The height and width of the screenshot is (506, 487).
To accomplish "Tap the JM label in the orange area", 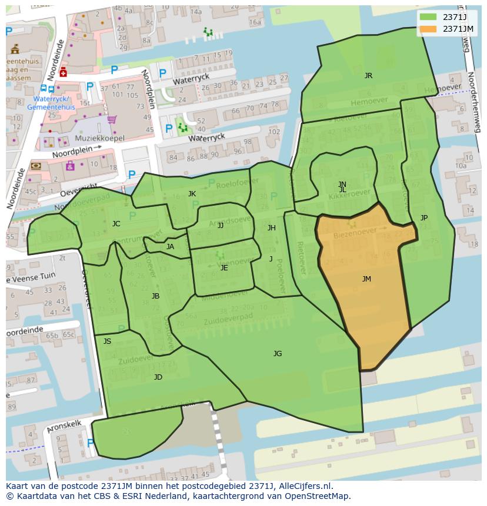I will pos(366,279).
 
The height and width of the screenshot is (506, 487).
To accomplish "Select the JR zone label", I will pos(368,76).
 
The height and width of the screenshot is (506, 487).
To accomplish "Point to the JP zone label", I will pos(424,218).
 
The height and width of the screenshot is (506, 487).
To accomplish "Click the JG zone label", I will pos(278,354).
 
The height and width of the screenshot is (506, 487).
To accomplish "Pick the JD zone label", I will pos(158,377).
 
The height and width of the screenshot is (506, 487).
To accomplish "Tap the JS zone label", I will pos(107,341).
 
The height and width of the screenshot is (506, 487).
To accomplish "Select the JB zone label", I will pos(155,296).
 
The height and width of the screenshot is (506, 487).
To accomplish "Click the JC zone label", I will pos(116,224).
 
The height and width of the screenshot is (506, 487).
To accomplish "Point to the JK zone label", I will pos(192,194).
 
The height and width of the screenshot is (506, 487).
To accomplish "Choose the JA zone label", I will pos(170,247).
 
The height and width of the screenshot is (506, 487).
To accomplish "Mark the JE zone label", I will pos(224,268).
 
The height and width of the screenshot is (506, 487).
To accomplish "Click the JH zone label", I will pos(271,228).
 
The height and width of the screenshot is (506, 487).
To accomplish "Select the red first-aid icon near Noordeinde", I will pos(63,71).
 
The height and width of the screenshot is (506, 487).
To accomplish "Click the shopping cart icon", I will pos(111,120).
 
